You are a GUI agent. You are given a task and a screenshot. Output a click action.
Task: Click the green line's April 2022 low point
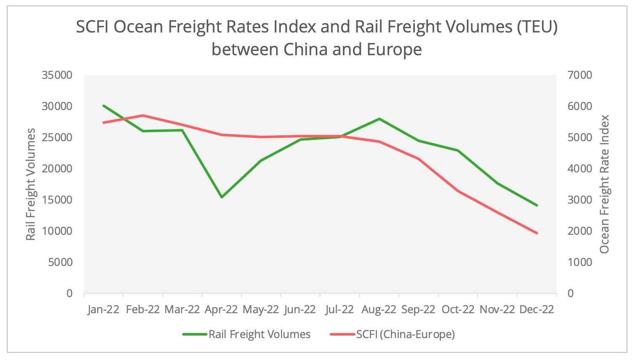tap(222, 197)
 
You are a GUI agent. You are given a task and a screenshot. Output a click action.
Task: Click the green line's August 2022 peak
tap(379, 119)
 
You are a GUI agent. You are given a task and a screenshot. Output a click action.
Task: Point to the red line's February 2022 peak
tap(143, 115)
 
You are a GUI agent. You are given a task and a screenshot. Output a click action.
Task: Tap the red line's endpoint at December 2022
tap(537, 233)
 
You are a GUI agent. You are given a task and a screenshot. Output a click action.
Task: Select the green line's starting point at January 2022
tap(104, 106)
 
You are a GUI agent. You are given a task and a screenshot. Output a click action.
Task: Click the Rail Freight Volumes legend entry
tap(259, 334)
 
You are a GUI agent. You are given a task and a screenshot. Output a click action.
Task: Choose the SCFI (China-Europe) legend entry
tap(405, 334)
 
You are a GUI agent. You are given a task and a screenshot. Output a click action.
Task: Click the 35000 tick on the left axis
tap(57, 75)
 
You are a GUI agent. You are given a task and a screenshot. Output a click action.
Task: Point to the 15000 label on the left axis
tap(57, 200)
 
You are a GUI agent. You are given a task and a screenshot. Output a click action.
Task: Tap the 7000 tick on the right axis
tap(580, 75)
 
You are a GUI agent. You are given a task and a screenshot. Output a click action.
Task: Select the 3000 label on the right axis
tap(580, 200)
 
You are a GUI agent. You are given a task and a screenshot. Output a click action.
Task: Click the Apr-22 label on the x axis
tap(221, 310)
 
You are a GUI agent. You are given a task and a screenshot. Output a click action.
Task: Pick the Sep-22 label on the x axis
tap(418, 310)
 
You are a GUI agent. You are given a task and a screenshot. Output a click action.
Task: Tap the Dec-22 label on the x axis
tap(536, 310)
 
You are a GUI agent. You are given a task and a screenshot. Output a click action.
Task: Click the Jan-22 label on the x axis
tap(103, 310)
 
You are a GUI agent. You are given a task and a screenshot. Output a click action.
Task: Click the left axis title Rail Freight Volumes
tap(30, 185)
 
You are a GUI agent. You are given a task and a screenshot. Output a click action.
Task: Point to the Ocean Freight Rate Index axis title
tap(604, 185)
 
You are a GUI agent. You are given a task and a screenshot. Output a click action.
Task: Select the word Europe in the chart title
tap(394, 50)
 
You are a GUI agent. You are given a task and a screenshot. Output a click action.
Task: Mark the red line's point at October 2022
tap(458, 191)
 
